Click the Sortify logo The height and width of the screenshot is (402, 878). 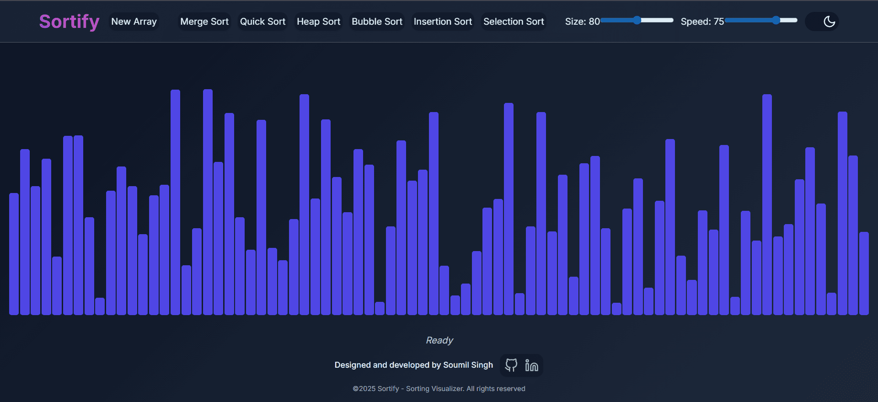69,21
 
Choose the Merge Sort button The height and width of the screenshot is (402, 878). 204,21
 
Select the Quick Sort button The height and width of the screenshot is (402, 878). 262,21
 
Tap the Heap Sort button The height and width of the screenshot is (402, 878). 318,21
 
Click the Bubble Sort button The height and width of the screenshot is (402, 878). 377,21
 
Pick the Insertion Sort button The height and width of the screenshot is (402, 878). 443,21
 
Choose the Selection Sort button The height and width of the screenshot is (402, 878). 514,21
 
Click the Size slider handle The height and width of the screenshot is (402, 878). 637,20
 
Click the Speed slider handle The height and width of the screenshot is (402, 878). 776,20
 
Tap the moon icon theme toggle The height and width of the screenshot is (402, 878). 829,21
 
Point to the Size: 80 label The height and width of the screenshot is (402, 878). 582,21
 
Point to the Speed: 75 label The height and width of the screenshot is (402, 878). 702,21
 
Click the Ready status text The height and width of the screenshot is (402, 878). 439,340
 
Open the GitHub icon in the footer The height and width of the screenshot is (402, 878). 511,365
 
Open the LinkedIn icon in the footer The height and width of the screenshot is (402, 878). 531,365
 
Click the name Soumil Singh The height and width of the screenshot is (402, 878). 468,365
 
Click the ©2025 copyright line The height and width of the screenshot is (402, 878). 439,389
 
